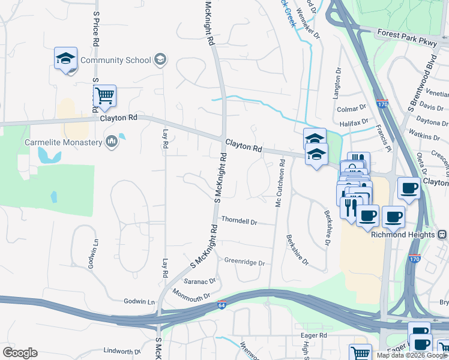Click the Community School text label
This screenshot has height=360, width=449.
115,60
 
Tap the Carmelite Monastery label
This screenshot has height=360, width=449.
63,142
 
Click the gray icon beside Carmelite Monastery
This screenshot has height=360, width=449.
111,142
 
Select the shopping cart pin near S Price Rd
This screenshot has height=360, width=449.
104,96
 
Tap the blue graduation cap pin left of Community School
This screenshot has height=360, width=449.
65,59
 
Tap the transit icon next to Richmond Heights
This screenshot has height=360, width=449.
442,235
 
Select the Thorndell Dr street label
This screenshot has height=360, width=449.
239,221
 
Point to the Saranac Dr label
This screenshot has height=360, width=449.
199,281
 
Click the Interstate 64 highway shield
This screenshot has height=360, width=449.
222,305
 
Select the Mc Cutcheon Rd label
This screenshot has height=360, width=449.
279,187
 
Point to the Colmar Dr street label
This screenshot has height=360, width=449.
351,108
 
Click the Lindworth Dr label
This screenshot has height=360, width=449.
121,351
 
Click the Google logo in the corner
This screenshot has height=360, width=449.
20,353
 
